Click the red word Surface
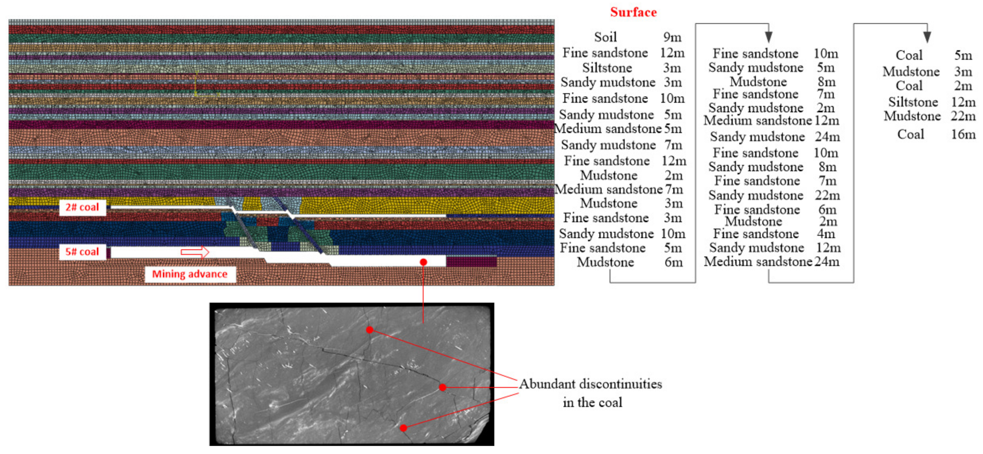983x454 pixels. point(633,12)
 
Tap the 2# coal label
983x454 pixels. point(82,207)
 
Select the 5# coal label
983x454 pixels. point(82,252)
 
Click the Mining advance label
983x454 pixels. point(189,274)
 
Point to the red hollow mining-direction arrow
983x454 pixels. point(195,252)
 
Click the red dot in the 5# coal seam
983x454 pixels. point(423,262)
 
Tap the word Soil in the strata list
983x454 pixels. point(605,37)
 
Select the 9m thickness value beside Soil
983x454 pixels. point(672,37)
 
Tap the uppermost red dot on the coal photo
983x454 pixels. point(369,330)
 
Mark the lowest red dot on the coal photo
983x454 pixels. point(403,428)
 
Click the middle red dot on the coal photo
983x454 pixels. point(442,387)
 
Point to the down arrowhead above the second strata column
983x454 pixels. point(769,37)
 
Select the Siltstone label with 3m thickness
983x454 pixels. point(607,68)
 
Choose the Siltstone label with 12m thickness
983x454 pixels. point(913,102)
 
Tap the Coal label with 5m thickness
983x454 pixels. point(909,55)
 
